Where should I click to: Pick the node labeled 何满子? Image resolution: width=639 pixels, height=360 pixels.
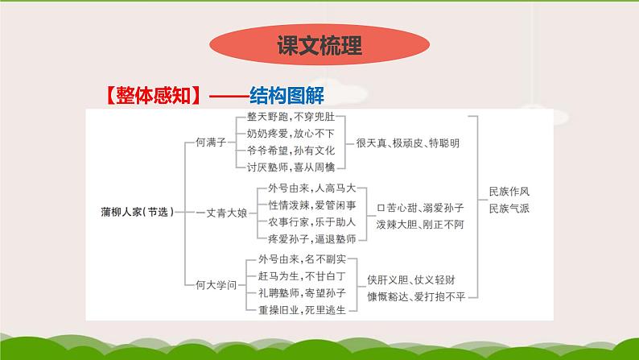point(212,143)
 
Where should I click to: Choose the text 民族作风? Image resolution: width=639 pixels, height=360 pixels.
point(509,193)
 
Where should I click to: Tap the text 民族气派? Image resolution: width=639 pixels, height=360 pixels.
point(509,209)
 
